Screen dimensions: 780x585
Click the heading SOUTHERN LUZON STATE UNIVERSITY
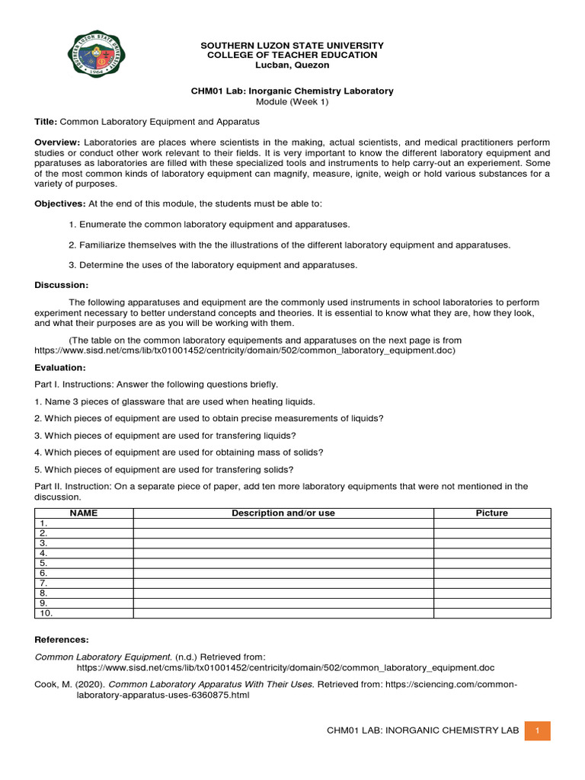(x=292, y=46)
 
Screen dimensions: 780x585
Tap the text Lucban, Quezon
(x=292, y=66)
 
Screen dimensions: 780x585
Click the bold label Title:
(x=46, y=122)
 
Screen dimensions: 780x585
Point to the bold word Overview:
(x=57, y=143)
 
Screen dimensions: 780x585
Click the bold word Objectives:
(x=60, y=203)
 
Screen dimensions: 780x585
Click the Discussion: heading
(x=62, y=285)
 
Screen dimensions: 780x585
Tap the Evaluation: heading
(x=60, y=367)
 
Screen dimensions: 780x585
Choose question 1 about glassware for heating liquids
(x=174, y=401)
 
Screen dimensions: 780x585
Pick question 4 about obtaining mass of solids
(x=179, y=452)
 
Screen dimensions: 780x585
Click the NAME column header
(x=84, y=513)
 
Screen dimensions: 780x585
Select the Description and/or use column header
(x=283, y=513)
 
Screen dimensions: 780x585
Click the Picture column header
(x=491, y=513)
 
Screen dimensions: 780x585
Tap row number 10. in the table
(x=46, y=612)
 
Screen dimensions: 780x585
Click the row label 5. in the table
(x=43, y=563)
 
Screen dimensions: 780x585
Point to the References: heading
(x=62, y=639)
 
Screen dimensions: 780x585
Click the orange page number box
(x=538, y=730)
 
